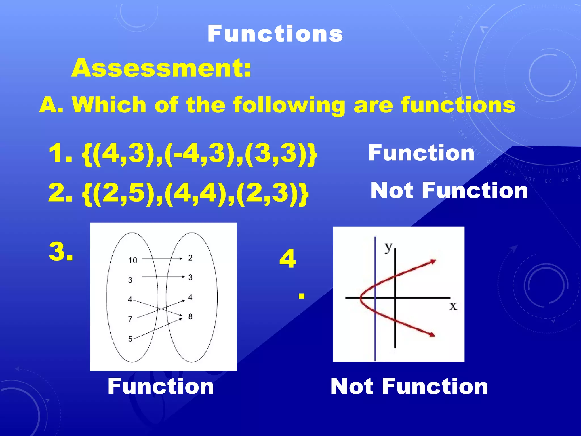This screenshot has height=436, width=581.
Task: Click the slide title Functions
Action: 275,34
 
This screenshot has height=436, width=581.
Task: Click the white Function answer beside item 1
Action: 421,153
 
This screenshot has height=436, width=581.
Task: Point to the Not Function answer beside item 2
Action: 449,190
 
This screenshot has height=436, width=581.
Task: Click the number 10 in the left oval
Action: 132,260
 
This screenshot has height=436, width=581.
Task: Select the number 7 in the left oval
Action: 130,319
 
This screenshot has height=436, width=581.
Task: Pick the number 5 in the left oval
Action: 130,339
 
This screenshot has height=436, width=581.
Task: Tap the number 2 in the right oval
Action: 190,258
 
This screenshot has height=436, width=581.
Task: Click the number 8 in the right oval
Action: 190,316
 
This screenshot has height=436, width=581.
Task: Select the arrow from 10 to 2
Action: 162,259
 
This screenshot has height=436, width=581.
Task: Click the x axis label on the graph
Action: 453,306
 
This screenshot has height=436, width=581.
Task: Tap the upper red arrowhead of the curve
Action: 433,261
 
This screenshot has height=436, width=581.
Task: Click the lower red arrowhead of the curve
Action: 432,335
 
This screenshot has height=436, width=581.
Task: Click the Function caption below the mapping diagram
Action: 161,386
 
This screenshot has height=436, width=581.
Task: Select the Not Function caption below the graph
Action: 409,386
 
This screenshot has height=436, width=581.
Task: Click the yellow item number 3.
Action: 61,251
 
